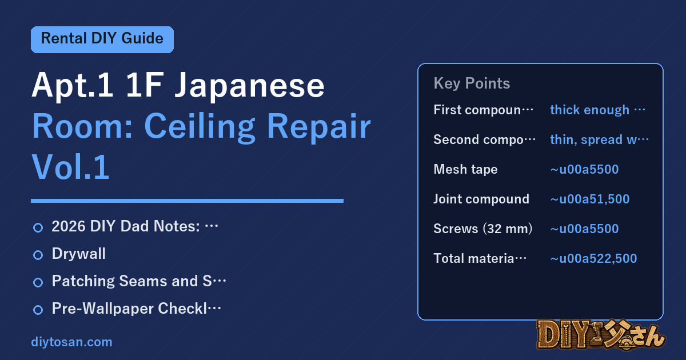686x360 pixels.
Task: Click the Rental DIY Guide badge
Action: point(102,39)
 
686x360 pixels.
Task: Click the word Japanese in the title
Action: point(249,85)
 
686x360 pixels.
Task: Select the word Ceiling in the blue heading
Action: point(200,127)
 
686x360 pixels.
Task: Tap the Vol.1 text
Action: point(70,167)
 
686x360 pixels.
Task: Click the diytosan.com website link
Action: point(71,342)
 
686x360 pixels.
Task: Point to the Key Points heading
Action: point(472,83)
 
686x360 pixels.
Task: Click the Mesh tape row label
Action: point(465,169)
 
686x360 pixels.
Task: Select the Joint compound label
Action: point(481,199)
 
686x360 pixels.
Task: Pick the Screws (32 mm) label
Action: point(483,229)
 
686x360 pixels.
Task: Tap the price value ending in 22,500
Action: point(593,258)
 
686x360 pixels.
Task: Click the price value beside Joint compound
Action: point(590,199)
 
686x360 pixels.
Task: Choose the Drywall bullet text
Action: point(79,254)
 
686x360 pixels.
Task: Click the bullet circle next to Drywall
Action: point(38,255)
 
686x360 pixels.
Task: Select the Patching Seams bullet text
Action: point(139,281)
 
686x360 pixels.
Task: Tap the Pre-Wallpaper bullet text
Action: point(136,308)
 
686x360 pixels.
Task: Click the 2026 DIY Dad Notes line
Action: point(135,226)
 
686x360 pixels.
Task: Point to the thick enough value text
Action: point(597,110)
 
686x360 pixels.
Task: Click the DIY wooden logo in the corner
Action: point(601,335)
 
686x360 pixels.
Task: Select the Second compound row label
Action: point(485,139)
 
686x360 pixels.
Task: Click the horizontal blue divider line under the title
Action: point(187,201)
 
